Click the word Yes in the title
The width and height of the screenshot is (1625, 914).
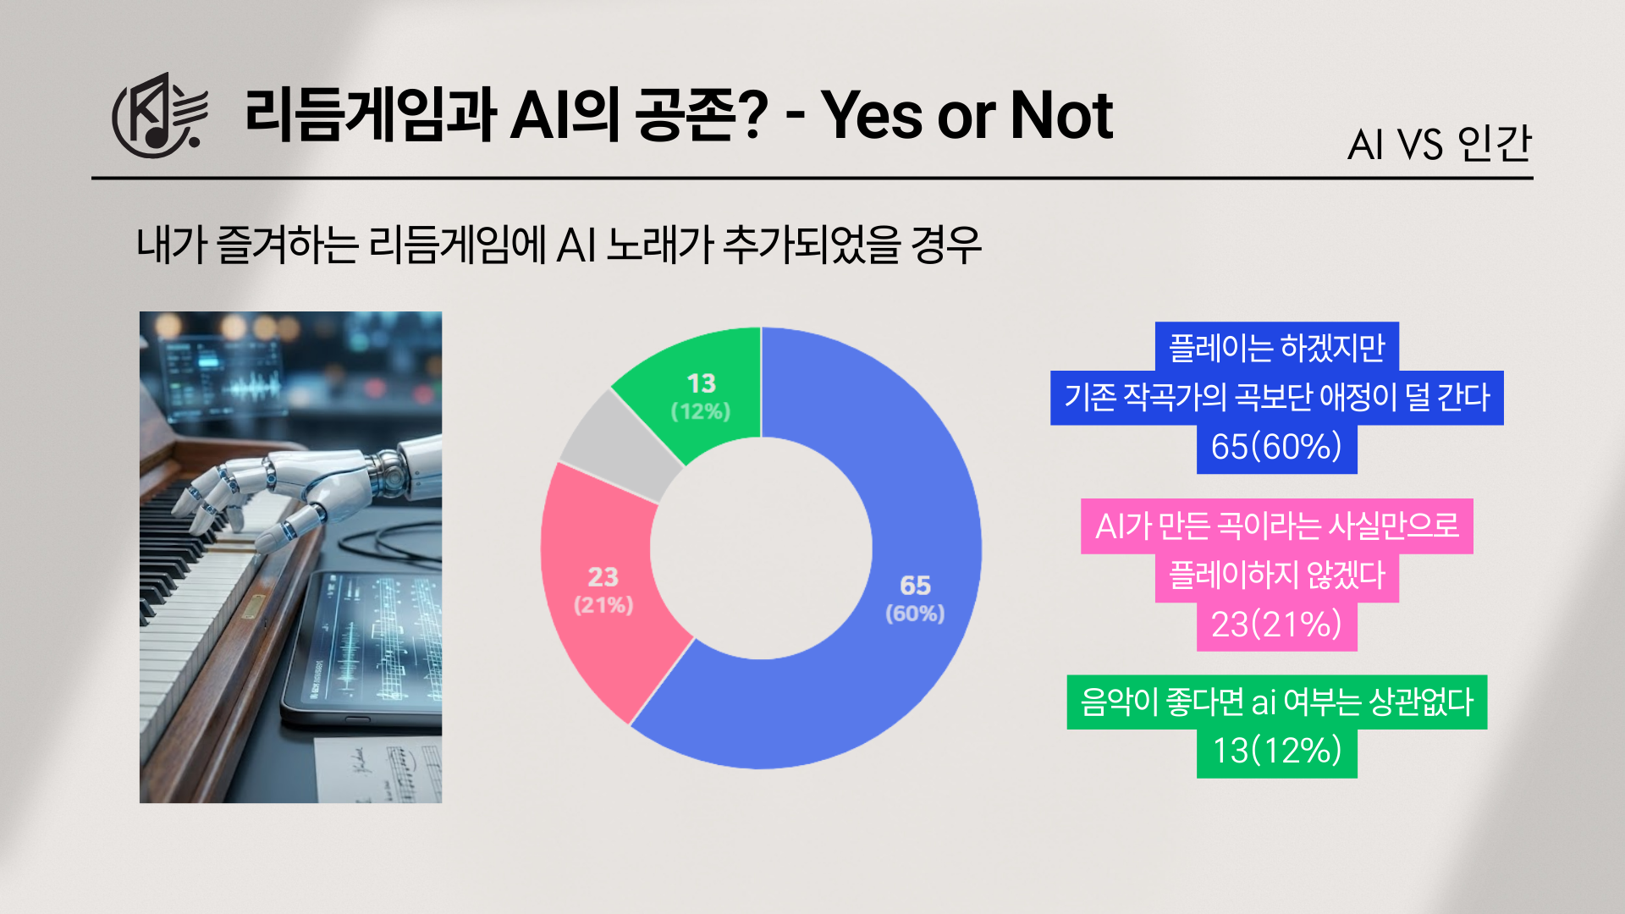(872, 115)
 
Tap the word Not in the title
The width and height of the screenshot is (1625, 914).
(1062, 115)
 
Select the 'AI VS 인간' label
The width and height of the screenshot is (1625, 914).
(1440, 143)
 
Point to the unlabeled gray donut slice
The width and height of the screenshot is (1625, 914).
(618, 444)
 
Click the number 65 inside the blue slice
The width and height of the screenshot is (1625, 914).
(915, 585)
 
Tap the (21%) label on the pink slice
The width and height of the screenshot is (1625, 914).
(603, 605)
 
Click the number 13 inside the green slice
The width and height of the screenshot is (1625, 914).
(702, 383)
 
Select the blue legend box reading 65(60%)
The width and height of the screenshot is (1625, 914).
(1276, 448)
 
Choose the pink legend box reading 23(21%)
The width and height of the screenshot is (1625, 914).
(1276, 625)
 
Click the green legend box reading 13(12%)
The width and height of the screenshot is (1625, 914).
(1276, 752)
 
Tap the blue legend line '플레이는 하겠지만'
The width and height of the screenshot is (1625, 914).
(1276, 347)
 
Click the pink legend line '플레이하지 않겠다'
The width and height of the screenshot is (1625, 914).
(1276, 577)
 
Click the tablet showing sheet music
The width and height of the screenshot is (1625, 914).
(364, 647)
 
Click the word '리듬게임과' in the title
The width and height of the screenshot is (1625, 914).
(371, 115)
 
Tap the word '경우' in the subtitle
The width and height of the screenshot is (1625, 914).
(946, 245)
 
